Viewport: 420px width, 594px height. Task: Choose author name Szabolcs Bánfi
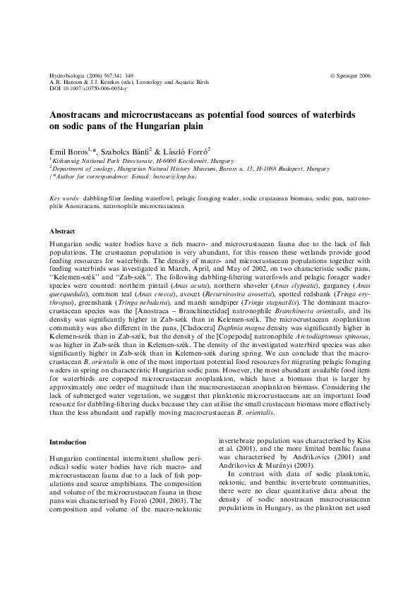(127, 152)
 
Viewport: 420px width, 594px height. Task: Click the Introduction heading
(68, 442)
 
